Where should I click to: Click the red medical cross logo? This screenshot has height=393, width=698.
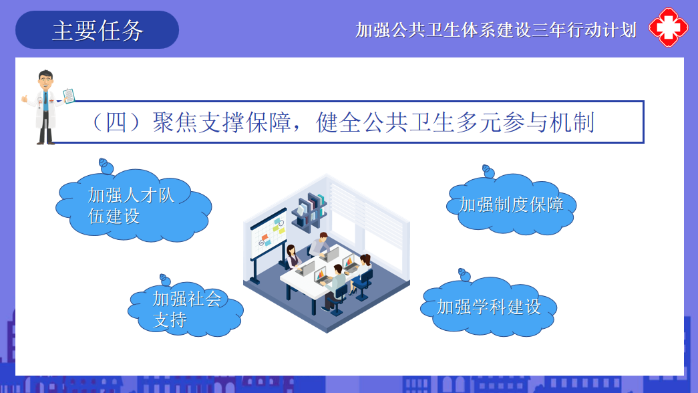[669, 27]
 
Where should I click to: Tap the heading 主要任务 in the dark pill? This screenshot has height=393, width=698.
[98, 31]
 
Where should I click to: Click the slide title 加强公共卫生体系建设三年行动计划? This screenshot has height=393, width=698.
[496, 30]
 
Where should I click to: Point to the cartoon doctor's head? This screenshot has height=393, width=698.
[45, 81]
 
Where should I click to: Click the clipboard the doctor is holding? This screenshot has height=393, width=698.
[69, 96]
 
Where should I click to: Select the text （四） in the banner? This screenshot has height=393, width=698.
[117, 122]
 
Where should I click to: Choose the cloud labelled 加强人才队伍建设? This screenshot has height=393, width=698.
[134, 206]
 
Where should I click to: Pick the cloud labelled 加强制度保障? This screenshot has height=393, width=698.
[512, 205]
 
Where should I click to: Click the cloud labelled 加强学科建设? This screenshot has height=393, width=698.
[489, 307]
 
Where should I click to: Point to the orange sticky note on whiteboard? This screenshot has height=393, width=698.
[265, 237]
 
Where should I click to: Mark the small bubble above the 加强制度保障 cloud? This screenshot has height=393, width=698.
[488, 171]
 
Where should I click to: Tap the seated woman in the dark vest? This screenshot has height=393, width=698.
[293, 257]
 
